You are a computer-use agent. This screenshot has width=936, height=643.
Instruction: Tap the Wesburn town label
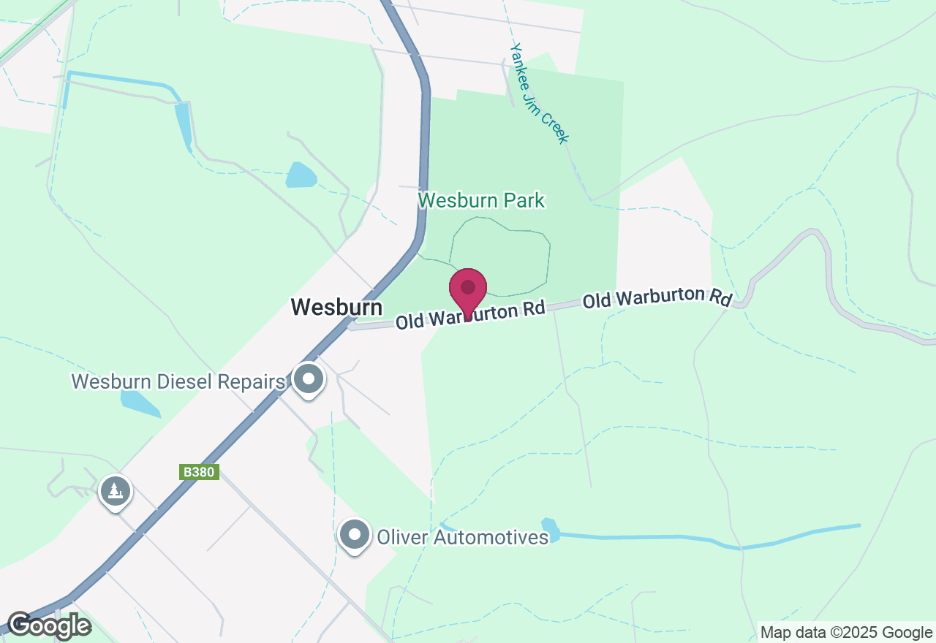pyautogui.click(x=336, y=307)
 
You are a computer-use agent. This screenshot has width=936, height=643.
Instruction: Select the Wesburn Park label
pyautogui.click(x=481, y=200)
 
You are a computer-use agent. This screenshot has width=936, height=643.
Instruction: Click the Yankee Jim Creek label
pyautogui.click(x=539, y=94)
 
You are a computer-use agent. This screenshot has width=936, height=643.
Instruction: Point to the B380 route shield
pyautogui.click(x=199, y=472)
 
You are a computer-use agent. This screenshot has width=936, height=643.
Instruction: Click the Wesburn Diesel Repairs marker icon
pyautogui.click(x=309, y=379)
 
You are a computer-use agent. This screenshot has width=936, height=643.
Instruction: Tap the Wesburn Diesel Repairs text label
pyautogui.click(x=178, y=381)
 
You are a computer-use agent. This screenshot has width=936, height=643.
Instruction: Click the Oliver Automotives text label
pyautogui.click(x=462, y=538)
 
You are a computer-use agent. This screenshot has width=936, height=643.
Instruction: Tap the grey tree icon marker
pyautogui.click(x=115, y=492)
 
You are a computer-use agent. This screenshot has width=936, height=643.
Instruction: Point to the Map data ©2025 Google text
pyautogui.click(x=846, y=633)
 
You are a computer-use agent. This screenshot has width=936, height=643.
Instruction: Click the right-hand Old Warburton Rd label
pyautogui.click(x=657, y=298)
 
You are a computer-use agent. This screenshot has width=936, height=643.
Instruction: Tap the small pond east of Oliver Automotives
pyautogui.click(x=551, y=529)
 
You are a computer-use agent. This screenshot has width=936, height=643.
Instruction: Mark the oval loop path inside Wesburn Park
pyautogui.click(x=500, y=256)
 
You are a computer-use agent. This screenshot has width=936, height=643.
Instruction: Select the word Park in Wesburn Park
pyautogui.click(x=520, y=200)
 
